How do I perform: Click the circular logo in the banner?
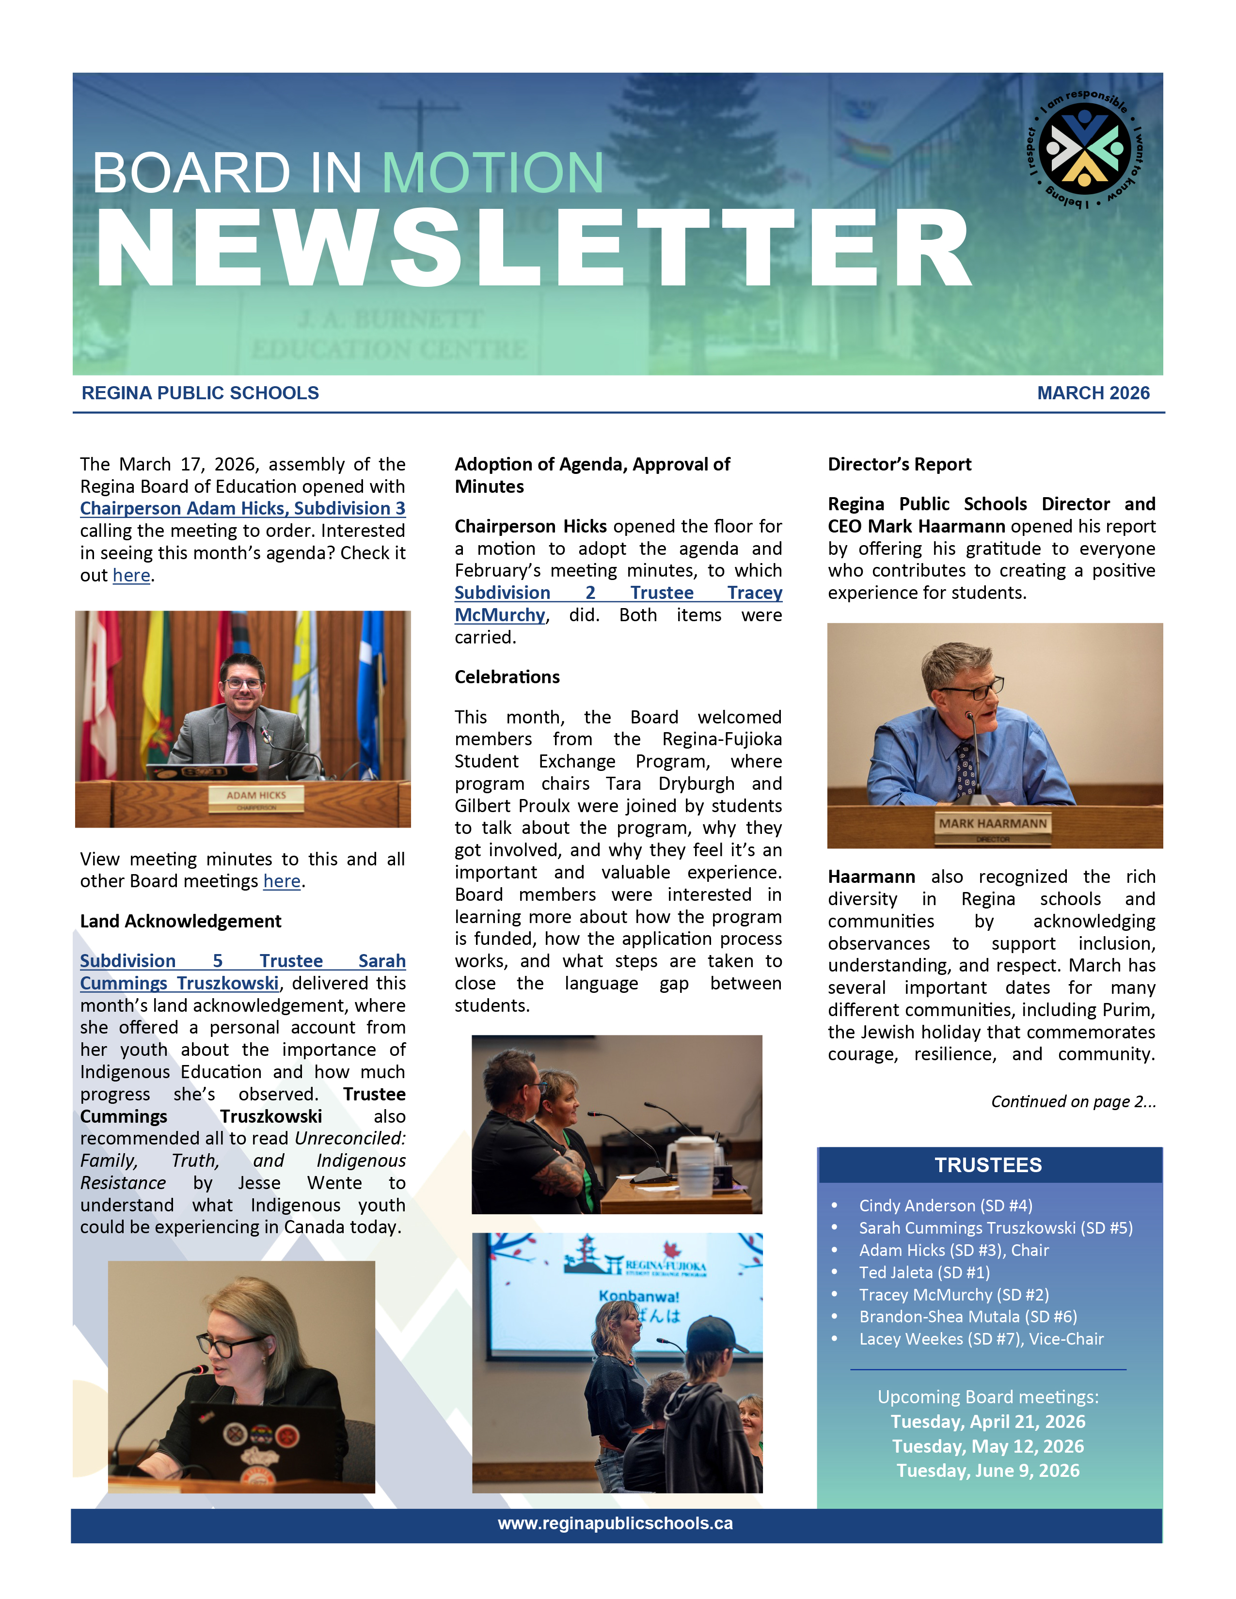tap(1085, 149)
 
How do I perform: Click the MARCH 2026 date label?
tap(1093, 393)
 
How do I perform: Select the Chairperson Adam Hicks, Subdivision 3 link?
tap(242, 508)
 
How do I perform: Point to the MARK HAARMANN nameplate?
tap(993, 824)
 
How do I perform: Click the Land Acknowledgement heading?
tap(180, 921)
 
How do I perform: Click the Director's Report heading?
tap(899, 464)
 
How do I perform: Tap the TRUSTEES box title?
tap(988, 1165)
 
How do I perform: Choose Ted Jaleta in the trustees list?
tap(924, 1272)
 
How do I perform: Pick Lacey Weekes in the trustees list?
tap(981, 1339)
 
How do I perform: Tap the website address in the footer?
tap(615, 1523)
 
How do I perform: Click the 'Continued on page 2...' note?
tap(1073, 1101)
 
